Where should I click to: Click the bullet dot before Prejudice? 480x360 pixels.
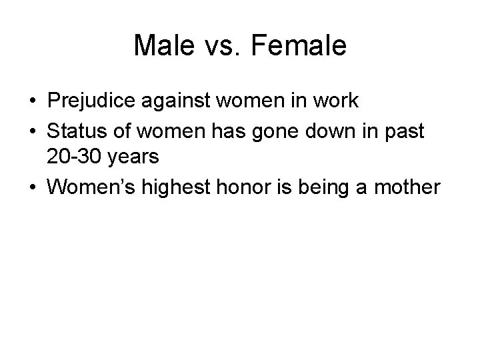tap(32, 101)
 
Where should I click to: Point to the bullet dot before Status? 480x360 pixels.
tap(32, 132)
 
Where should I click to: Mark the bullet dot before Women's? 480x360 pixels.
tap(32, 189)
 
